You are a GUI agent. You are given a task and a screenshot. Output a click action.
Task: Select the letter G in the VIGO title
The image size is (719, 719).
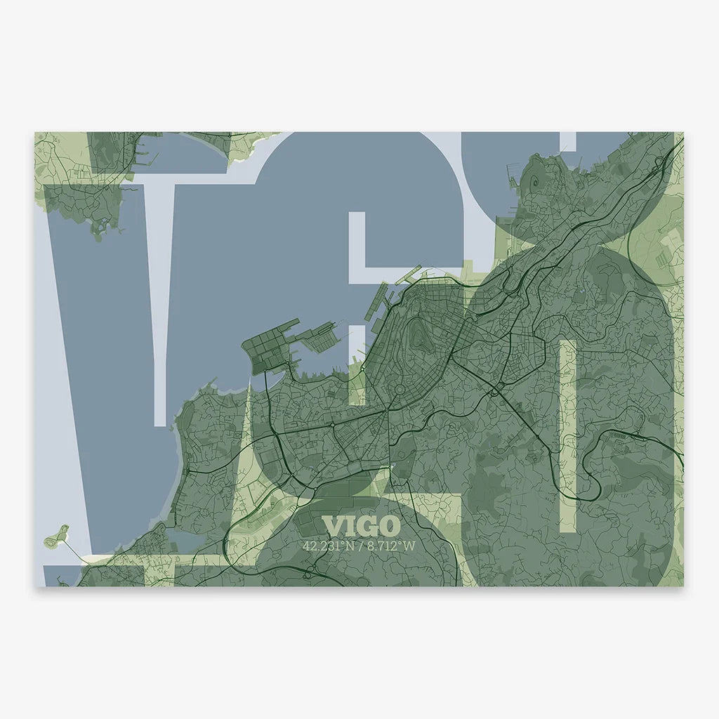pyautogui.click(x=369, y=526)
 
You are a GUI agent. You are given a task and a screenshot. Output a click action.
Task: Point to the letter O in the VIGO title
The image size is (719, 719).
pyautogui.click(x=389, y=526)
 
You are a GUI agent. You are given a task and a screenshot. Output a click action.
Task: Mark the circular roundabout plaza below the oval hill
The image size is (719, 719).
pyautogui.click(x=400, y=389)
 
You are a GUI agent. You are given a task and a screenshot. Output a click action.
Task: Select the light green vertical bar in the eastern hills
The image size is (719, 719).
pyautogui.click(x=567, y=435)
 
